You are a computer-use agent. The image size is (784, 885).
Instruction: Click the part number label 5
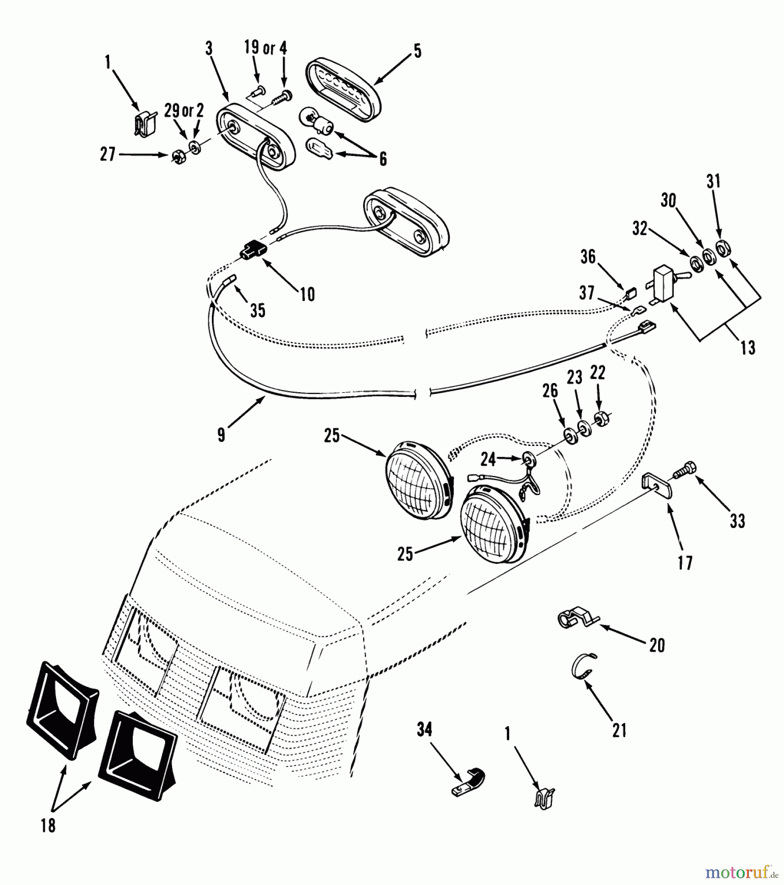click(417, 51)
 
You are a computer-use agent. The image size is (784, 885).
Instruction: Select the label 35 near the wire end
click(258, 310)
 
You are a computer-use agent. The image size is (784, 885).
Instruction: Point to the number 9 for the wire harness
click(221, 435)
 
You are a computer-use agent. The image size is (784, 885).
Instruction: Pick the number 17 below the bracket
click(685, 562)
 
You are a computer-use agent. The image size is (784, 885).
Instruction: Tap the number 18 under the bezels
click(48, 826)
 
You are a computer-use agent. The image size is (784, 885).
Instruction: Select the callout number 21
click(619, 730)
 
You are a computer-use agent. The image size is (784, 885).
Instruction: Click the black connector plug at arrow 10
click(252, 249)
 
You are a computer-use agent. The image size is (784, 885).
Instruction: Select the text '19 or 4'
click(265, 48)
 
